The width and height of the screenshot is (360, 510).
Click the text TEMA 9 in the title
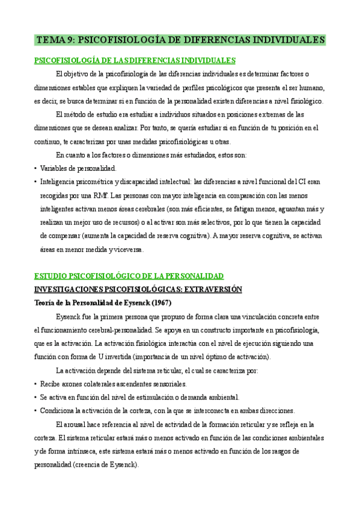(x=56, y=40)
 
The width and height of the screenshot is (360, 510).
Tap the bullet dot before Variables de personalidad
(x=35, y=168)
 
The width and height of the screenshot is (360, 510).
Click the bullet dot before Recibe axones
(x=35, y=384)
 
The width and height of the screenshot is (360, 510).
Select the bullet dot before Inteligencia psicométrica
(x=35, y=182)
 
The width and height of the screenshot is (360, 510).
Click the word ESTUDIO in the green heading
(x=51, y=276)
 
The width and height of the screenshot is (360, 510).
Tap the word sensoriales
(x=167, y=384)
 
